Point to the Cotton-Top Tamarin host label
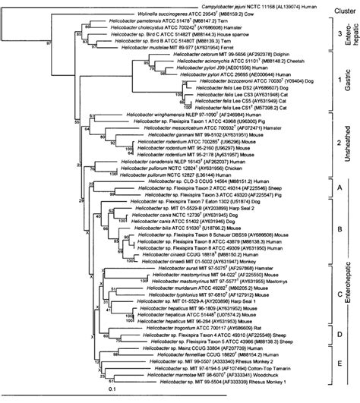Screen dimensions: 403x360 pyautogui.click(x=279, y=366)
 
